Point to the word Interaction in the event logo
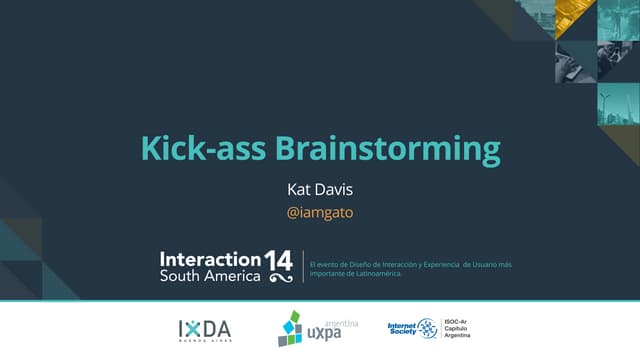210,258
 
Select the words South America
210,275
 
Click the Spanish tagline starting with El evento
411,267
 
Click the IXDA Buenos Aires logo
204,329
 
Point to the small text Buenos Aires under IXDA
204,340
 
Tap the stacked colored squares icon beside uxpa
289,329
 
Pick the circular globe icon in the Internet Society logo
427,328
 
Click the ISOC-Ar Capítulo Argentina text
458,328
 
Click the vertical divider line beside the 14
303,265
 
